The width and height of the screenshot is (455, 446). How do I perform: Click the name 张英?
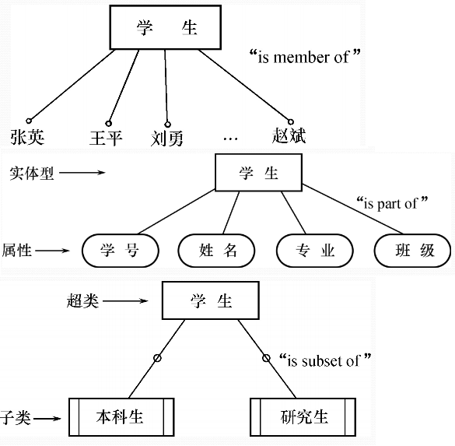[27, 137]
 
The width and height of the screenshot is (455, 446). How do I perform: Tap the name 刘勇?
[166, 139]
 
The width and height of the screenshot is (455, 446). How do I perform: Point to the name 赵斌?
[289, 136]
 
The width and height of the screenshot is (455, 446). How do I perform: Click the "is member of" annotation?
[306, 56]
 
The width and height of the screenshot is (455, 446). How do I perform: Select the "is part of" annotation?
[392, 204]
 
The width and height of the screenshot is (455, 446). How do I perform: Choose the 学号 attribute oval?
[120, 251]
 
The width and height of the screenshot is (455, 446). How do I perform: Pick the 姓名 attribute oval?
[217, 251]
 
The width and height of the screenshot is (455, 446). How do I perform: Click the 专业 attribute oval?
[315, 251]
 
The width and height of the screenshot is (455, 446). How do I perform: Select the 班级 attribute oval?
[412, 251]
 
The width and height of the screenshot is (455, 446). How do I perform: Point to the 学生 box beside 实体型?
[258, 173]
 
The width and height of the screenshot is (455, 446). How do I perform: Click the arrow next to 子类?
[47, 418]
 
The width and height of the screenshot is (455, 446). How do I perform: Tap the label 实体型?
[31, 173]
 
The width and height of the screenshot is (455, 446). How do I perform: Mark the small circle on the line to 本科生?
[157, 358]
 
